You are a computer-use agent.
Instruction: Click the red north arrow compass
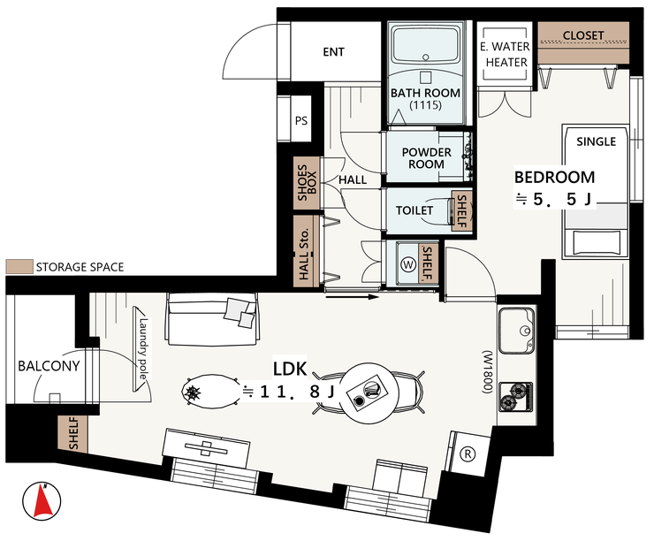42,501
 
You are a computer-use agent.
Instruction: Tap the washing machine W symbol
408,264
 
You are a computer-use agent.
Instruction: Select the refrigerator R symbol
468,453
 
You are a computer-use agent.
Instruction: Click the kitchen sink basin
516,331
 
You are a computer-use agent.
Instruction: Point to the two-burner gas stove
516,396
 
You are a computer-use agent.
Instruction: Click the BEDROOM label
554,178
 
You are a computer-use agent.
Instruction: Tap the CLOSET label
583,36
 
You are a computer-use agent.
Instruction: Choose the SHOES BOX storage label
307,182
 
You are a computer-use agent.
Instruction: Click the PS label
301,121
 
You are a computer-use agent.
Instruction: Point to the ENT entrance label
334,52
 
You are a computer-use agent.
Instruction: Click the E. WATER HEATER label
506,54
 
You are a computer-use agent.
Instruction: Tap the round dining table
368,392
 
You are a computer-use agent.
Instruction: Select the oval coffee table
211,391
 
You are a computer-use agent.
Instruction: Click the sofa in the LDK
212,319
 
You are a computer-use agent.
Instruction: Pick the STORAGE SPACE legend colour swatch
19,267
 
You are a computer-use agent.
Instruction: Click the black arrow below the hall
352,297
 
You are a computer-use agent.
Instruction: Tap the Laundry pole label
143,349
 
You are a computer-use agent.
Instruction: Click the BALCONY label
49,366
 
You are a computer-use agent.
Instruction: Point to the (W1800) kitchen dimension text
488,372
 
